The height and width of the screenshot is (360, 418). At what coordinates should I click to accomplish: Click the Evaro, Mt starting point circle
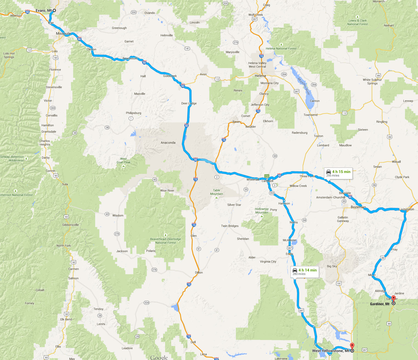(x=54, y=10)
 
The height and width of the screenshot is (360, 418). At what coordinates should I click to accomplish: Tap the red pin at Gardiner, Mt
(x=393, y=299)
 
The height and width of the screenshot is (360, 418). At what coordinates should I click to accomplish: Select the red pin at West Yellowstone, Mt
(x=352, y=346)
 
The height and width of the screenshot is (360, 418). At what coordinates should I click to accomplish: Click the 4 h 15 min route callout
(x=338, y=173)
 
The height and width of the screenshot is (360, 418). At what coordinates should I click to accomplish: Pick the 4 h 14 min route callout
(x=304, y=272)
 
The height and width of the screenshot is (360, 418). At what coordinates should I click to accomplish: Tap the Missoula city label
(x=63, y=33)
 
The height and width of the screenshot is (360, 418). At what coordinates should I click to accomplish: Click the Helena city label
(x=260, y=76)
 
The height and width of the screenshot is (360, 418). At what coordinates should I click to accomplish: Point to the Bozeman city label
(x=358, y=207)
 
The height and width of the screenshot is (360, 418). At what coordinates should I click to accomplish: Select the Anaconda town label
(x=168, y=143)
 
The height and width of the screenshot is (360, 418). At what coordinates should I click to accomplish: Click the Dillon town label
(x=199, y=273)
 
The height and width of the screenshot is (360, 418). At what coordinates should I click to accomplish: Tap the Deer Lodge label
(x=189, y=103)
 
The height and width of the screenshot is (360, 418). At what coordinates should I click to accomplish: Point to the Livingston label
(x=406, y=209)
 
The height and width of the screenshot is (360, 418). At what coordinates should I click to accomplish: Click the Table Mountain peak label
(x=216, y=192)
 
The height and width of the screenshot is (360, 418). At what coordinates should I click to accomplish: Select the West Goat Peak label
(x=123, y=160)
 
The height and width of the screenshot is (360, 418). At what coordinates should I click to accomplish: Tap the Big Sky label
(x=332, y=266)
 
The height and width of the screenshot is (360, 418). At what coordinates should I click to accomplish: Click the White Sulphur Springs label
(x=372, y=81)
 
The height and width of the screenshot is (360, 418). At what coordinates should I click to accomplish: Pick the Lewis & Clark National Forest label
(x=357, y=22)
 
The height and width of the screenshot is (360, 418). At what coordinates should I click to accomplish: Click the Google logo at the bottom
(x=159, y=357)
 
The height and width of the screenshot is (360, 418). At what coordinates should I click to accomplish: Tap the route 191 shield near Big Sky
(x=339, y=283)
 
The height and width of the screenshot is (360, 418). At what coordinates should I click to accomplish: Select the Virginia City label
(x=268, y=262)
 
